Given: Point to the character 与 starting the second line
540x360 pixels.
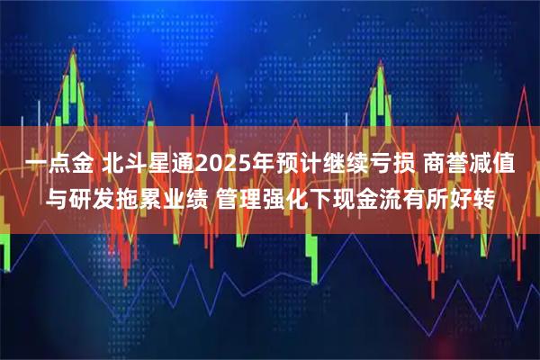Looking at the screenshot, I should click(x=58, y=197).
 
